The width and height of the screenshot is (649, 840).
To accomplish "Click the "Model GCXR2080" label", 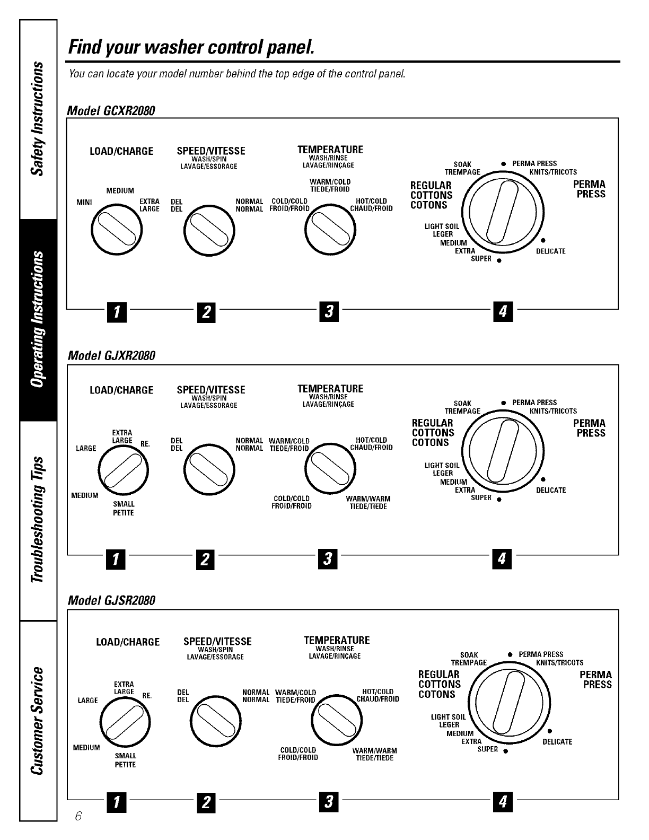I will (x=111, y=111).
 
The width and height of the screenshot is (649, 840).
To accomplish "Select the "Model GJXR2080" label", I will (x=111, y=355).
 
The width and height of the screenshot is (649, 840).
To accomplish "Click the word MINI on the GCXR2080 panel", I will (x=84, y=202).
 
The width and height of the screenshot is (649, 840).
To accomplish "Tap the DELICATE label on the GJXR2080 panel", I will (x=550, y=491).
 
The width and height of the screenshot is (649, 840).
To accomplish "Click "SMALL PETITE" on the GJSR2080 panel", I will (x=125, y=760).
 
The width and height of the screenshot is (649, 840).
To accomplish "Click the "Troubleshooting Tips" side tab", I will (x=38, y=520).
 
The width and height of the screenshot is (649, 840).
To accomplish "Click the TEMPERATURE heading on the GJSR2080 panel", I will (x=337, y=640).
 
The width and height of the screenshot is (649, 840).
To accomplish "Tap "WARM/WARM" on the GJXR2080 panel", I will (x=368, y=499).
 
